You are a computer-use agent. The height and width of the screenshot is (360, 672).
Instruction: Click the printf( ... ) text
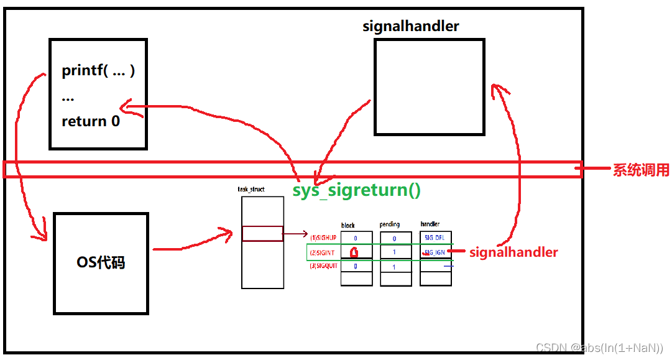coord(98,70)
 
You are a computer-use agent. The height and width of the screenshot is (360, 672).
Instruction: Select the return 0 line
coord(91,121)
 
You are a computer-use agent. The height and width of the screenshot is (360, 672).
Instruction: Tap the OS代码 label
coord(101,262)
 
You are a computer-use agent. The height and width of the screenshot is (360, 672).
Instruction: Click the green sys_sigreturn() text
coord(357,190)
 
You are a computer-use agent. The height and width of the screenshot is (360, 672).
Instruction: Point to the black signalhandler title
coord(411,27)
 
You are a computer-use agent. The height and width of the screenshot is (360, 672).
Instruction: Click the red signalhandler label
coord(513,252)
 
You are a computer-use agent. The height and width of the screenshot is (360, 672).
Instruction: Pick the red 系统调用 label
coord(641,170)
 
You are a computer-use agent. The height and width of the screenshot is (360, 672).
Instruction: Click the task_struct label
coord(251,189)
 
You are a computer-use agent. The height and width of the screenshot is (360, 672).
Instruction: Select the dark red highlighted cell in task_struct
coord(262,234)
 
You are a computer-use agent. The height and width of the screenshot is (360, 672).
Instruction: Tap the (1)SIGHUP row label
coord(323,238)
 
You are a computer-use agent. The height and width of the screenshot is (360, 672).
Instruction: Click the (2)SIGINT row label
coord(323,252)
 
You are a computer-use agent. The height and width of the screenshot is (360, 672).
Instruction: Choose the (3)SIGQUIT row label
coord(323,266)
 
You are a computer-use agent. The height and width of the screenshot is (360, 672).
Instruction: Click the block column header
coord(348,225)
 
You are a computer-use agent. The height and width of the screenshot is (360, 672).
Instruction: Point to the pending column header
coord(389,224)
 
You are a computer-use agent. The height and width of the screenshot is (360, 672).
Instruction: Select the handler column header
coord(430,224)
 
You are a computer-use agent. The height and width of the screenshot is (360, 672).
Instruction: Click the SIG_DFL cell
coord(435,238)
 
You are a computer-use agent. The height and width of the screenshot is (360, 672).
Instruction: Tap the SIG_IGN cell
coord(435,252)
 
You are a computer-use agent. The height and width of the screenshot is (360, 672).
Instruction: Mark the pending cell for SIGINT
coord(395,252)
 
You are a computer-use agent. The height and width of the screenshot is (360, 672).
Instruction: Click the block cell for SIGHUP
coord(356,238)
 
